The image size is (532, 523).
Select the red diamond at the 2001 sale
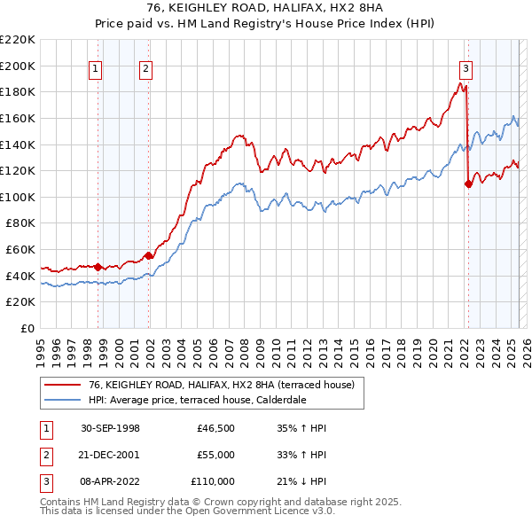tap(149, 256)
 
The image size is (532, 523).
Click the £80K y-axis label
tap(20, 223)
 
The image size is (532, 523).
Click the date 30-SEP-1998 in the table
tap(110, 428)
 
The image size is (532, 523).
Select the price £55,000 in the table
tap(215, 455)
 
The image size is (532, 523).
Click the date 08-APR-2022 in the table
tap(110, 481)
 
